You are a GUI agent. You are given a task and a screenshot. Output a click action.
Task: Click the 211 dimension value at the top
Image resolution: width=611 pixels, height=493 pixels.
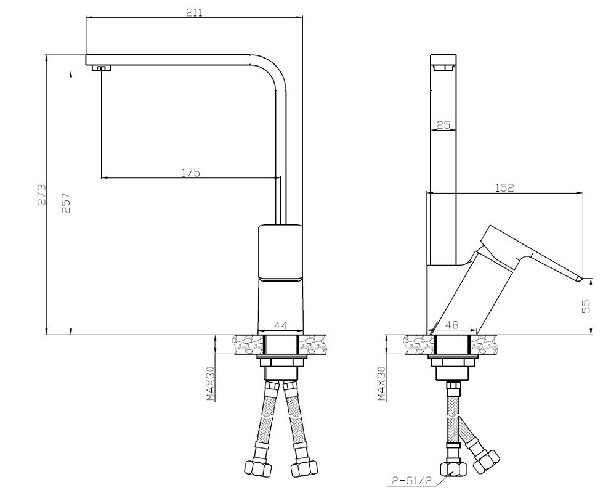click(x=194, y=12)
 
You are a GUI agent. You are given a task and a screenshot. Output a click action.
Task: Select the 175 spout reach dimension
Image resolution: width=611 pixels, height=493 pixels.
click(x=190, y=173)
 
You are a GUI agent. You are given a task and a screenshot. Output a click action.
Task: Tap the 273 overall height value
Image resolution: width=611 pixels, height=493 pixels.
click(x=41, y=194)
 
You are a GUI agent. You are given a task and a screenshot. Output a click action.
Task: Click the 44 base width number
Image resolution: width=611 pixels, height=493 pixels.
click(x=281, y=325)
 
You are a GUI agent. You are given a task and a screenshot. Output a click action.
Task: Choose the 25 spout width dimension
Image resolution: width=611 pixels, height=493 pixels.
click(x=443, y=125)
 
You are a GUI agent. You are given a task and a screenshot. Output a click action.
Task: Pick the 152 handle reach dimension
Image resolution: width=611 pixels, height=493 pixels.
click(x=504, y=187)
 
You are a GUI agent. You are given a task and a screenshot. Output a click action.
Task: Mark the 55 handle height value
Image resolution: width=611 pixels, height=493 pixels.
click(x=586, y=306)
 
